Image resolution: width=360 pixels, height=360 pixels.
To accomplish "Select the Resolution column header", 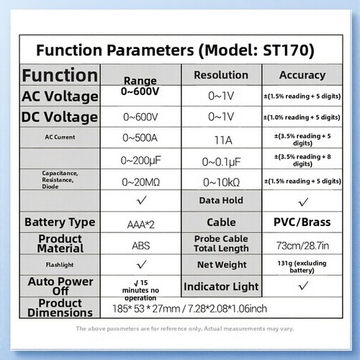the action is click(x=221, y=75).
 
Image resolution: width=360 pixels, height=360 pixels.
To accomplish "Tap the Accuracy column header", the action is click(x=302, y=75).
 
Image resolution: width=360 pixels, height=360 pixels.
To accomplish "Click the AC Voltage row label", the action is click(x=60, y=96).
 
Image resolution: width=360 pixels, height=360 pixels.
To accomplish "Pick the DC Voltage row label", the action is click(x=60, y=117).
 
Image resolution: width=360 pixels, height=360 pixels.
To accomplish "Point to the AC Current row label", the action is click(x=60, y=137).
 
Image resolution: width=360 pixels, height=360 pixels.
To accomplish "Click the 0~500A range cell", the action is click(x=140, y=138).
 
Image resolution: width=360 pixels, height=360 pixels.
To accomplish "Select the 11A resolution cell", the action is click(x=223, y=140).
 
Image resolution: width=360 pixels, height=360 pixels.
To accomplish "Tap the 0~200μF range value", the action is click(x=141, y=161).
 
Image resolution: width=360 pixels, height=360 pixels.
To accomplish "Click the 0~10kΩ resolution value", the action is click(x=221, y=183).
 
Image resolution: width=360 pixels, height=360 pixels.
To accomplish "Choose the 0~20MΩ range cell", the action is click(x=141, y=182).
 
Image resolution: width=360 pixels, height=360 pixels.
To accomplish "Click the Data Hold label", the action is click(x=221, y=200).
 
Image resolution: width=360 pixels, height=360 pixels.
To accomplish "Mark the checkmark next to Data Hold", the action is click(x=303, y=202).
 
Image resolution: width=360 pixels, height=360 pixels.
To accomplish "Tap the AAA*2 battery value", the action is click(x=141, y=225).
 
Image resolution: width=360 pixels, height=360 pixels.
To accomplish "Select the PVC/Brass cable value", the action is click(x=302, y=222).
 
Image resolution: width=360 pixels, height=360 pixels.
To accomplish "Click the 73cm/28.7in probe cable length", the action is click(x=302, y=246).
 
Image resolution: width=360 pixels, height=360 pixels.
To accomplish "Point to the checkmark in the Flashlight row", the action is click(x=141, y=264).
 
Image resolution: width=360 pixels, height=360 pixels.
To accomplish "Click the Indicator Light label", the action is click(x=221, y=287).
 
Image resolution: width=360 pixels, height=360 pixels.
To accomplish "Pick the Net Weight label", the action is click(x=222, y=265).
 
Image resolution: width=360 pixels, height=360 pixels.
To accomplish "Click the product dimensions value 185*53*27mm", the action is click(x=146, y=309).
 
